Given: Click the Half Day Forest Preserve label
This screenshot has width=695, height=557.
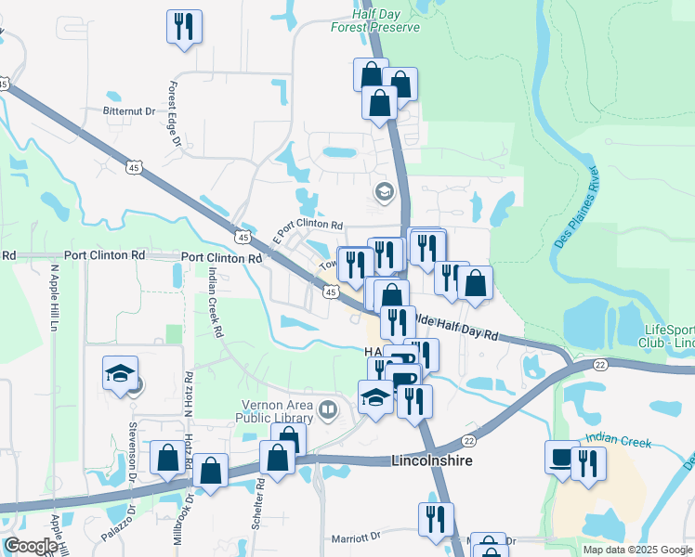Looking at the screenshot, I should pos(375,21).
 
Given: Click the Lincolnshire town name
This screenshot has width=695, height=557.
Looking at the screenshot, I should pos(433,460).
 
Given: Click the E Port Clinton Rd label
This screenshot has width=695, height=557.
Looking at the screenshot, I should pos(308,226).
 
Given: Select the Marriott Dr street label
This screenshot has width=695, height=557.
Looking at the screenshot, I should pos(357,538).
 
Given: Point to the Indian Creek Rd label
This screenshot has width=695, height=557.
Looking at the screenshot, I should pos(216,303).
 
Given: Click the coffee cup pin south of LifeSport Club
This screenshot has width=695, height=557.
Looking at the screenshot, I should pos(561,458).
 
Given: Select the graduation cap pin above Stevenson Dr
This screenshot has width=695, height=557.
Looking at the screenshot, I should pos(120,374).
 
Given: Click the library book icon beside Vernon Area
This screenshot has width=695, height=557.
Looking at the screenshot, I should pos(327,409).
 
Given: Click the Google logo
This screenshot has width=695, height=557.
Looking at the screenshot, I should pos(31,546).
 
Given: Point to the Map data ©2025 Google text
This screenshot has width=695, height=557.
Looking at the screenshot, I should pos(636,550).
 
